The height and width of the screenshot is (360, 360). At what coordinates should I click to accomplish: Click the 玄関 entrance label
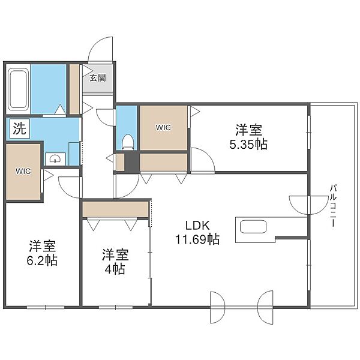(x=98, y=78)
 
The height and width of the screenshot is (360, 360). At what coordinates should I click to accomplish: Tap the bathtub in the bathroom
(x=18, y=89)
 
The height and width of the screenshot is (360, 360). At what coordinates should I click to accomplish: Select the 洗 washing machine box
(x=20, y=128)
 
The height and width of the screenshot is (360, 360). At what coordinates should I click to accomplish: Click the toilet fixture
(x=127, y=142)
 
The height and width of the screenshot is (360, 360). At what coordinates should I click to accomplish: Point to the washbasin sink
(x=55, y=158)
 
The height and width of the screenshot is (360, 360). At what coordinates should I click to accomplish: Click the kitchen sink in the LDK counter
(x=253, y=227)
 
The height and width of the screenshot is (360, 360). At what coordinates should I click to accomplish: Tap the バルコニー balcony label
(x=333, y=205)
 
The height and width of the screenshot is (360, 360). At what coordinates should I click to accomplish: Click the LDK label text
(x=197, y=226)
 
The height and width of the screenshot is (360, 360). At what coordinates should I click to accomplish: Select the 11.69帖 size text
(x=197, y=239)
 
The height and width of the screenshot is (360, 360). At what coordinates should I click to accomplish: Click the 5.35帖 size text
(x=248, y=145)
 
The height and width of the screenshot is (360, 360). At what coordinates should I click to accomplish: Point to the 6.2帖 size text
(x=42, y=260)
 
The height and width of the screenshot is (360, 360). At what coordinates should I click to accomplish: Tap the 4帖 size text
(x=115, y=269)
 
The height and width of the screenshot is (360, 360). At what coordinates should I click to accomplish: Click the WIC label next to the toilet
(x=163, y=127)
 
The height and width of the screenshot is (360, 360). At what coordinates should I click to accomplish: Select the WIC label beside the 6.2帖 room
(x=23, y=171)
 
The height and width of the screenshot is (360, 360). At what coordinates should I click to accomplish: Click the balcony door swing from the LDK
(x=309, y=206)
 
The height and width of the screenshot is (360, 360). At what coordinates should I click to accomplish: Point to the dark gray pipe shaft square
(x=132, y=161)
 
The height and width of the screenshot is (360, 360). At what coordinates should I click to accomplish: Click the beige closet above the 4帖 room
(x=115, y=209)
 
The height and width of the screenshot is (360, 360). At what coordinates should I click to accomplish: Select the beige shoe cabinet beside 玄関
(x=74, y=89)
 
